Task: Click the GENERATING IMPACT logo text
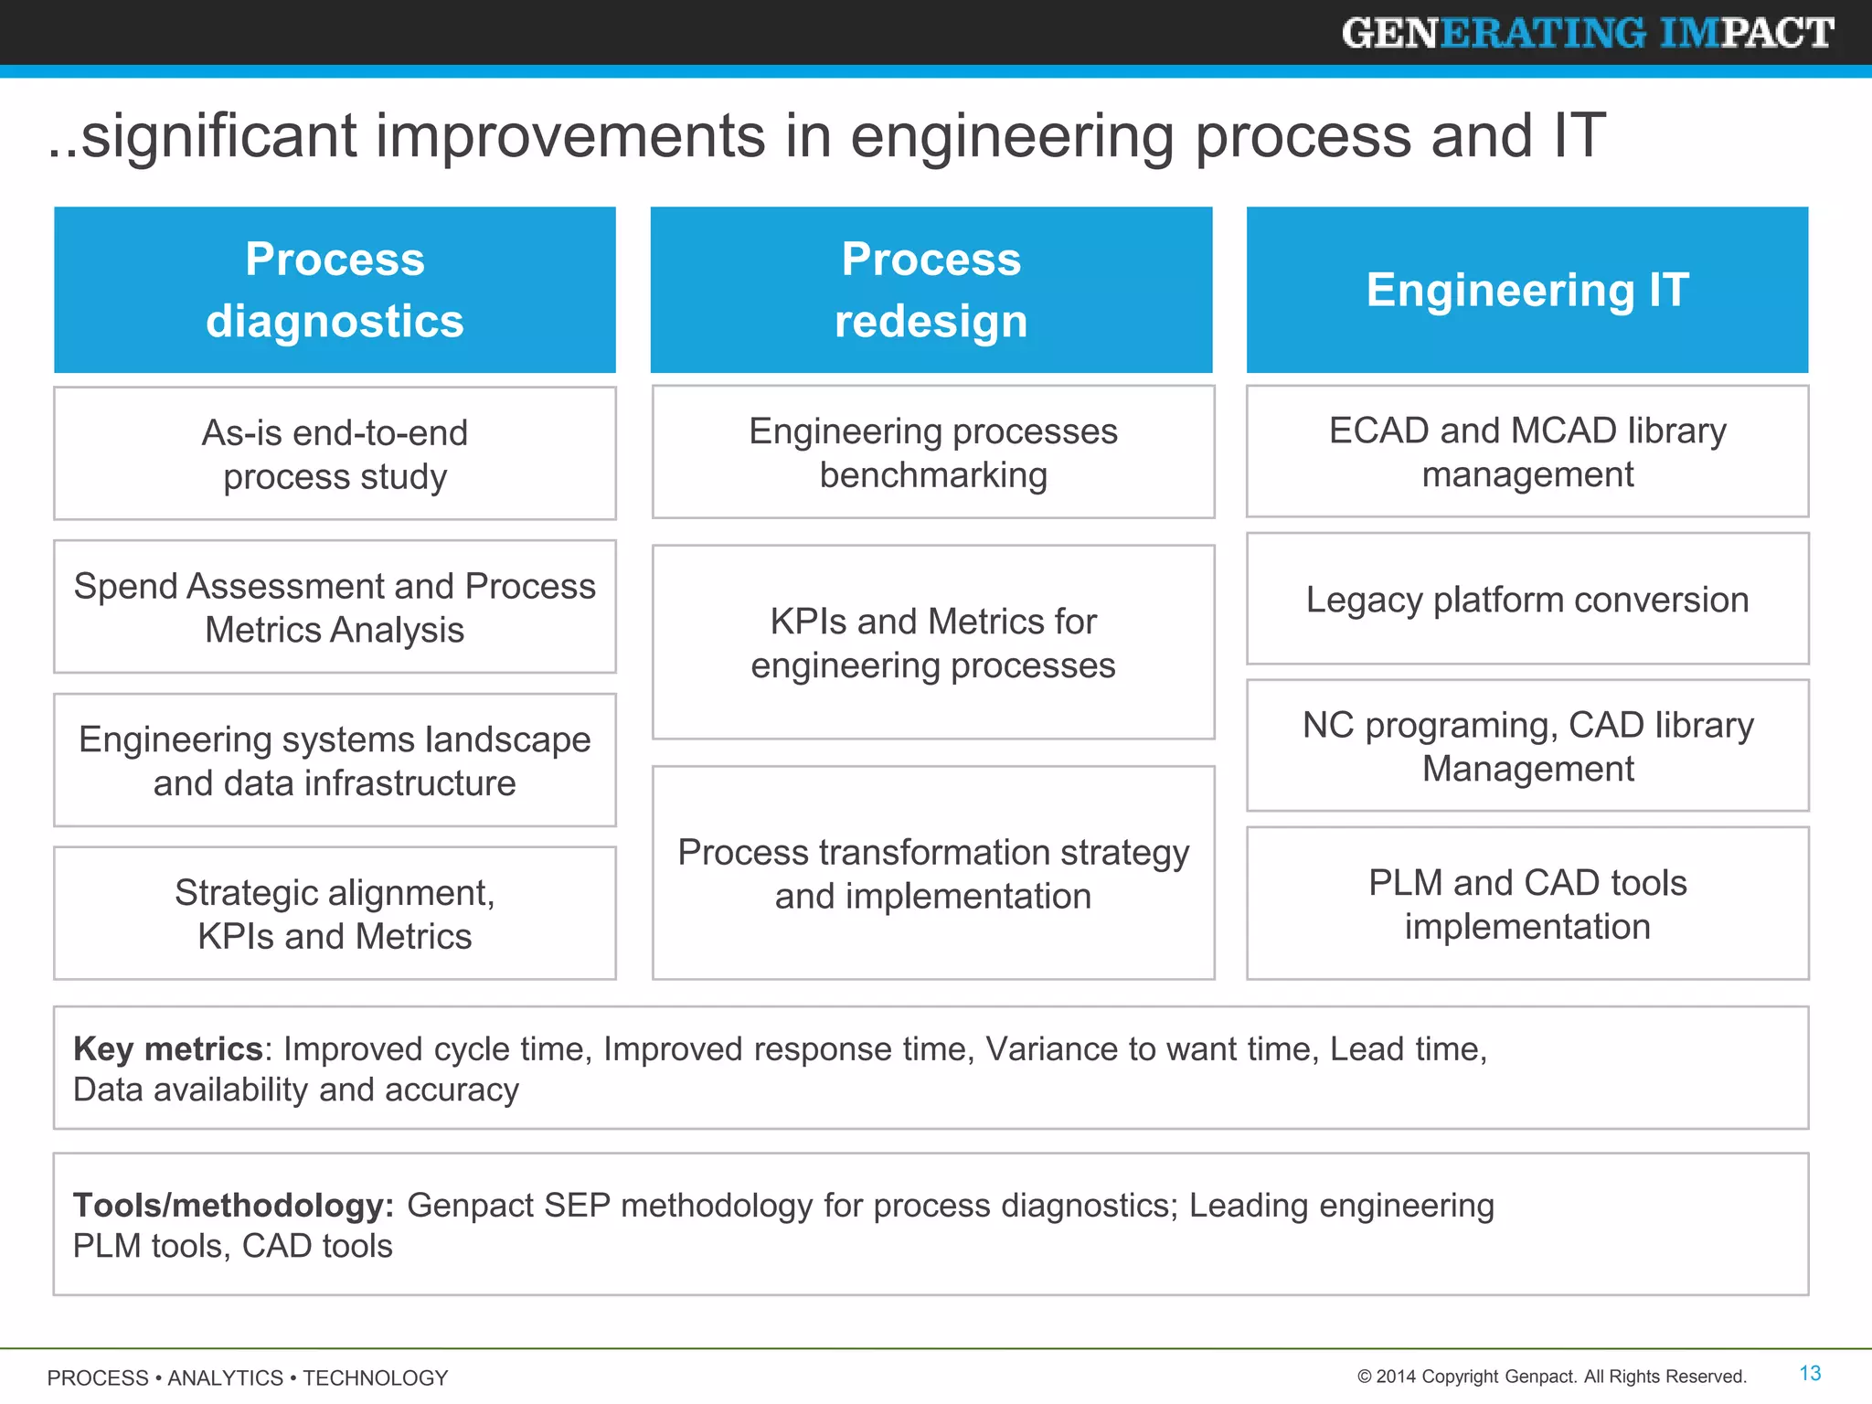[x=1587, y=33]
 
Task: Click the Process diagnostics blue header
[x=335, y=290]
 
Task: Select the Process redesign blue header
[x=931, y=290]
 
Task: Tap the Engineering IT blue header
[x=1526, y=290]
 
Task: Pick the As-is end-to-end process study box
[x=335, y=453]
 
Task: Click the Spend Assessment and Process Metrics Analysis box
[x=335, y=607]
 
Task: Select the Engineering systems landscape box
[x=335, y=760]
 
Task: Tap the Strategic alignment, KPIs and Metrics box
[x=335, y=913]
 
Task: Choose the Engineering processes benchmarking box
[x=932, y=452]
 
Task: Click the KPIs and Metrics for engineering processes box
[x=932, y=643]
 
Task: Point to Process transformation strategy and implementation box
[x=932, y=873]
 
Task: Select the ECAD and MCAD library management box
[x=1526, y=452]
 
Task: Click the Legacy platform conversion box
[x=1526, y=600]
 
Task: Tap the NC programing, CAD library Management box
[x=1526, y=746]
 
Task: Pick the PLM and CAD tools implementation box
[x=1526, y=904]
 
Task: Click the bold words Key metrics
[x=168, y=1048]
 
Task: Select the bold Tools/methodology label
[x=233, y=1205]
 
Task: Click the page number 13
[x=1810, y=1373]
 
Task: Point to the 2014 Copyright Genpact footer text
[x=1551, y=1377]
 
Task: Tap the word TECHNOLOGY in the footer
[x=375, y=1377]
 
